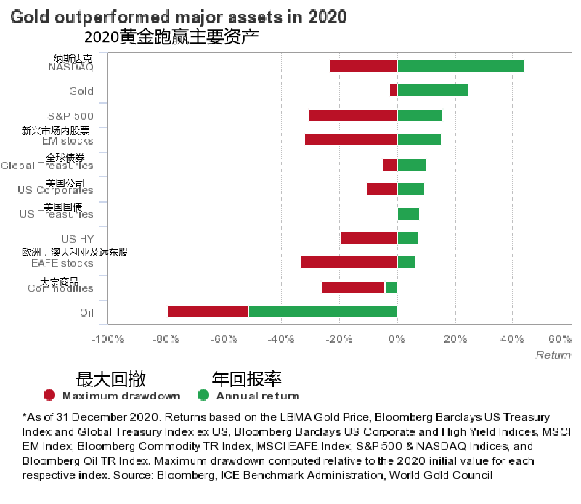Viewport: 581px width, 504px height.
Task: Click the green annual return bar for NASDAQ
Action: (460, 66)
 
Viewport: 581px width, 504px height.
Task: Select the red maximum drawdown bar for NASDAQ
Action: (364, 66)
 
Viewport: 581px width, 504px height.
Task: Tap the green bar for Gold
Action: (432, 90)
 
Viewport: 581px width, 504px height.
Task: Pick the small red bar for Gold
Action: (394, 90)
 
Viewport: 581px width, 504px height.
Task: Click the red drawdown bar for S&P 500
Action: (353, 115)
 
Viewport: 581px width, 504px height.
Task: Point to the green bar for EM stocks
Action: (419, 139)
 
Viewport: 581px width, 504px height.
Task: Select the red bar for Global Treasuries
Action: (390, 164)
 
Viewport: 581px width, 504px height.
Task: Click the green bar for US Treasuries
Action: (408, 214)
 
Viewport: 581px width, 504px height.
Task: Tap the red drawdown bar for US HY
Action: (369, 238)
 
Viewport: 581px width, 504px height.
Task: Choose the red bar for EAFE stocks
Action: (349, 262)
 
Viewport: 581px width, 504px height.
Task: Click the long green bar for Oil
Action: (322, 312)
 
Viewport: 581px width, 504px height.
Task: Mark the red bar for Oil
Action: (208, 312)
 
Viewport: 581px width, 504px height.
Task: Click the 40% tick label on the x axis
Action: (512, 339)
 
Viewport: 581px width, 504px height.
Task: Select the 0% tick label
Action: (397, 339)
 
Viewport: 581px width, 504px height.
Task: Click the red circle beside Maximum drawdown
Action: (49, 396)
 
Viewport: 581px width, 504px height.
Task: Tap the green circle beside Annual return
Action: (203, 396)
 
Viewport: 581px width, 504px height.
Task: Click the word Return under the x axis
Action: (553, 355)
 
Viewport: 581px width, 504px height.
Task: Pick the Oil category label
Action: (86, 312)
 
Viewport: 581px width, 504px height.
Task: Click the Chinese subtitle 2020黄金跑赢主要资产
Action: (171, 37)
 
